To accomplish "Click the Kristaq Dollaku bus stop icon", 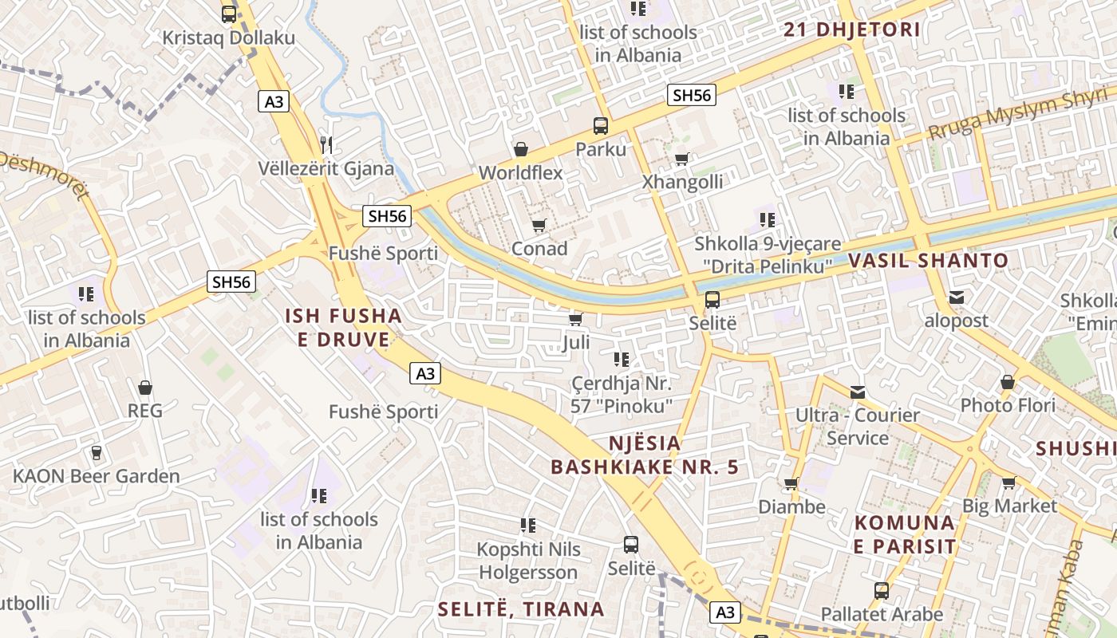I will pyautogui.click(x=229, y=14).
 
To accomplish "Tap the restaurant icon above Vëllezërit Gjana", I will pyautogui.click(x=326, y=144).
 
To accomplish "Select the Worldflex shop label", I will pyautogui.click(x=520, y=172).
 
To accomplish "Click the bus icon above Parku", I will pyautogui.click(x=601, y=125).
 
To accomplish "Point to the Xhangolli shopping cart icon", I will pyautogui.click(x=682, y=159).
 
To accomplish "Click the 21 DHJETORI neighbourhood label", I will pyautogui.click(x=852, y=30).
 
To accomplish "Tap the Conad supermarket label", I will pyautogui.click(x=539, y=248).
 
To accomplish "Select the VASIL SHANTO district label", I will pyautogui.click(x=928, y=260).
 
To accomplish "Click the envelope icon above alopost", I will pyautogui.click(x=956, y=297).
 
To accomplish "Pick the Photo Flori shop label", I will pyautogui.click(x=1008, y=405).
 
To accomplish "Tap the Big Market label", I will pyautogui.click(x=1009, y=506).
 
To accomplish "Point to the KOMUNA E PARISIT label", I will pyautogui.click(x=905, y=534).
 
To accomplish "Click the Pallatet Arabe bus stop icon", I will pyautogui.click(x=882, y=591).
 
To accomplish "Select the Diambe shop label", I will pyautogui.click(x=791, y=506).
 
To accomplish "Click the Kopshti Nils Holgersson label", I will pyautogui.click(x=528, y=561).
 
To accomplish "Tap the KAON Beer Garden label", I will pyautogui.click(x=96, y=476).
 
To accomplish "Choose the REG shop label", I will pyautogui.click(x=145, y=411).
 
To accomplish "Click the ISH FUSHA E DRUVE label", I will pyautogui.click(x=343, y=328).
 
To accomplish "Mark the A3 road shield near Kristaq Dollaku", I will pyautogui.click(x=273, y=101).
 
